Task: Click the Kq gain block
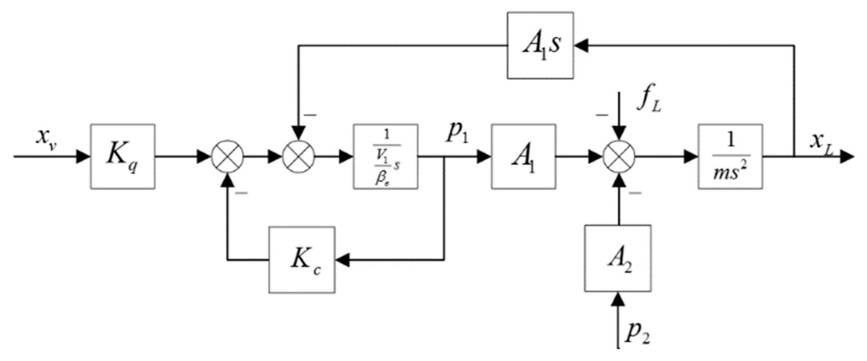point(123,157)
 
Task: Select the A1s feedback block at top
point(540,45)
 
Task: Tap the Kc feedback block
point(302,260)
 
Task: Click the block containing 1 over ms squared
point(730,157)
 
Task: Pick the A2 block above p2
point(618,258)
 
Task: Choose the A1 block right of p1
point(523,157)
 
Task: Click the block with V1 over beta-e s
point(386,157)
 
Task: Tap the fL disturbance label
point(649,102)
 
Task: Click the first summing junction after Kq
point(227,157)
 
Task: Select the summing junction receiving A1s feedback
point(299,157)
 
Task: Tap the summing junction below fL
point(619,157)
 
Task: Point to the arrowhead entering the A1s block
point(581,45)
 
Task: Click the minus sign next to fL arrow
point(602,114)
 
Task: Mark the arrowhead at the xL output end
point(847,157)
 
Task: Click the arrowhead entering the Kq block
point(83,157)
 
